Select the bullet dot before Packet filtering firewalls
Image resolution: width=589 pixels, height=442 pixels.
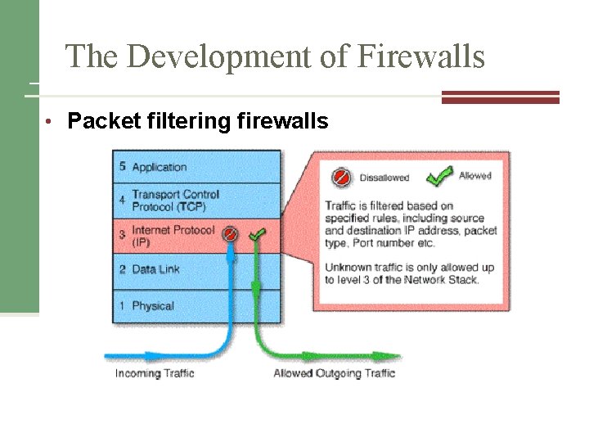50,123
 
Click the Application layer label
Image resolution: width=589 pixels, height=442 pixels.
160,167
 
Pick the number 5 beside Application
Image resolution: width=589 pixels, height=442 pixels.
122,166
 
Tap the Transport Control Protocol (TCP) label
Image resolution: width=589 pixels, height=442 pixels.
175,200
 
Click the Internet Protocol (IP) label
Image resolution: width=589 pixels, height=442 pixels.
173,236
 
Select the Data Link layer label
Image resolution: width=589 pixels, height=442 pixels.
155,270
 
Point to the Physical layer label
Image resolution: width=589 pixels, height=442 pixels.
153,306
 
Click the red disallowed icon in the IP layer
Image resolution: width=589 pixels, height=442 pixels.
232,235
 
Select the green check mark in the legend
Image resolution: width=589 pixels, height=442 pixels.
440,175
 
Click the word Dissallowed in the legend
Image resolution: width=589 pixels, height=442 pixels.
384,178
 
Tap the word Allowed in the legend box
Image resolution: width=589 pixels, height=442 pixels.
475,176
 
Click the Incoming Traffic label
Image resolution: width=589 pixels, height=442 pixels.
155,373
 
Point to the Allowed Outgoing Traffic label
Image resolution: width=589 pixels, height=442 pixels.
334,373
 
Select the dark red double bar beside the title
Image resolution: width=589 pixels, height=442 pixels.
501,97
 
